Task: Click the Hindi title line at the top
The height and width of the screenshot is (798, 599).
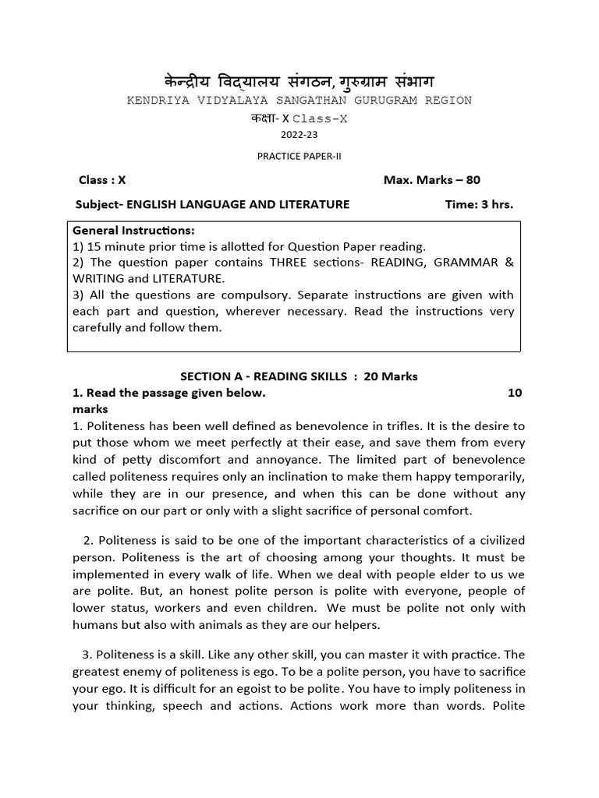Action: click(299, 81)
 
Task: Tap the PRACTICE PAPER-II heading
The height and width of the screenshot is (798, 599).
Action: click(299, 156)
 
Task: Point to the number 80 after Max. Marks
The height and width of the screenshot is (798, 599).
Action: click(473, 180)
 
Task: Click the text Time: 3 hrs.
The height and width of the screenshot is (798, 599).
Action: click(479, 204)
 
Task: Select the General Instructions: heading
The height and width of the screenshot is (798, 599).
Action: click(133, 231)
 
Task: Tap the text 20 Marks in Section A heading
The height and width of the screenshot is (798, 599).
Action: click(390, 376)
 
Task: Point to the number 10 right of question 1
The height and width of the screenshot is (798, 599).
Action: click(515, 393)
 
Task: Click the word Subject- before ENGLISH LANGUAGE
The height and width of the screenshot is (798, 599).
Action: click(99, 204)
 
